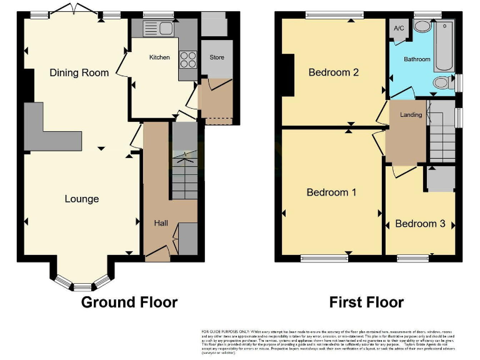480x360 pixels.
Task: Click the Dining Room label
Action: click(x=79, y=72)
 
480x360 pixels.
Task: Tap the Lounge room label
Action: click(x=82, y=199)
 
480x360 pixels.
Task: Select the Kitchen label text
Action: click(x=159, y=57)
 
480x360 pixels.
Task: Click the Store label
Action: click(x=217, y=57)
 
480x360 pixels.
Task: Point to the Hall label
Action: click(x=161, y=222)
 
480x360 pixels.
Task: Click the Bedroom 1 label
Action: click(x=331, y=192)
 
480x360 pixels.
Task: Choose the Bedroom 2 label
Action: click(x=334, y=72)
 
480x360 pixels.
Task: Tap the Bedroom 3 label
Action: click(x=420, y=224)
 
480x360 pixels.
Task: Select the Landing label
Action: click(x=411, y=115)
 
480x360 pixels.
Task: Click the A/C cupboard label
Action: click(x=398, y=29)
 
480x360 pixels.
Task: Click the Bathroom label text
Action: click(x=417, y=59)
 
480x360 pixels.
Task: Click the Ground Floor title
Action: click(x=129, y=302)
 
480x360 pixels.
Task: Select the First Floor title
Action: click(x=367, y=302)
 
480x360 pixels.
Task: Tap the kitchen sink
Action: click(x=157, y=28)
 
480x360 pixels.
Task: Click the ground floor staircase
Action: click(x=184, y=175)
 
